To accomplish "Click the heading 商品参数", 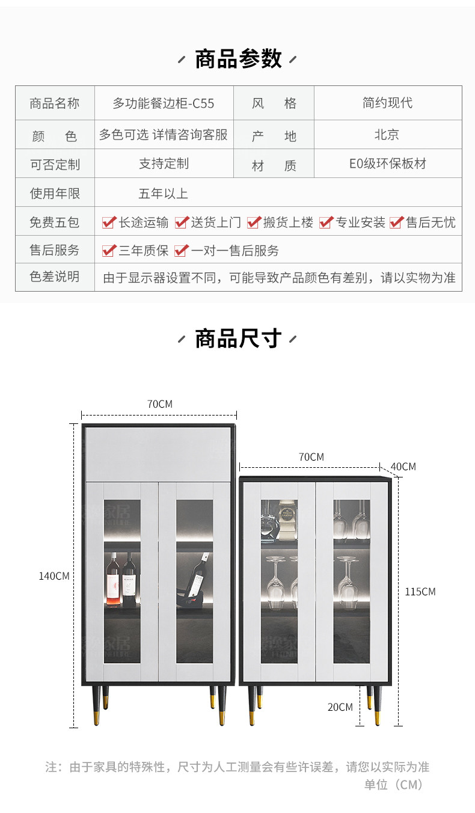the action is coord(238,59).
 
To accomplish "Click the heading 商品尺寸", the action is coord(238,339).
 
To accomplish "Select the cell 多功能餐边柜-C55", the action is coord(164,103).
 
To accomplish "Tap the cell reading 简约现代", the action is coord(387,103).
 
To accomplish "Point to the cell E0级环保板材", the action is coord(388,164).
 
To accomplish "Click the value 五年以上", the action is coord(163,194).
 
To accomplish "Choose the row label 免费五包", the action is coord(55,222).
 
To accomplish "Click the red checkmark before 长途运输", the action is coord(109,222).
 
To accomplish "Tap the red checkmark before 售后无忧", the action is coord(396,222).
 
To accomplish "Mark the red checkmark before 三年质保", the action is coord(109,251).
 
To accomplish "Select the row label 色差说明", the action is coord(55,277).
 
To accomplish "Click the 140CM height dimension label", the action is coord(54,576).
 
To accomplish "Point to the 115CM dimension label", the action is coord(420,592).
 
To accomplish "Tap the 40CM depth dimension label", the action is coord(403,467).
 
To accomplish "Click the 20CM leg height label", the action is coord(340,707).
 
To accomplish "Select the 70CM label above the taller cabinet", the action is coord(160,404).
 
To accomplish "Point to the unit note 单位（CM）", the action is coord(393,785).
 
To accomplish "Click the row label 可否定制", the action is coord(55,164).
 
